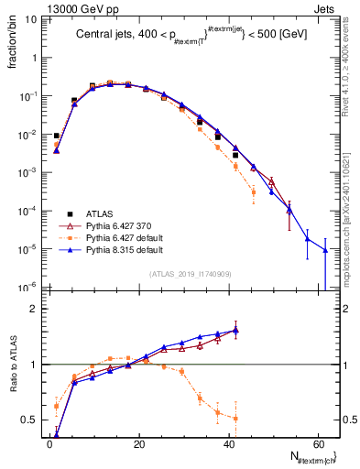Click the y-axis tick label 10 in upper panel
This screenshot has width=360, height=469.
(29, 19)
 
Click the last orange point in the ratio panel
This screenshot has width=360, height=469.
(236, 419)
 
